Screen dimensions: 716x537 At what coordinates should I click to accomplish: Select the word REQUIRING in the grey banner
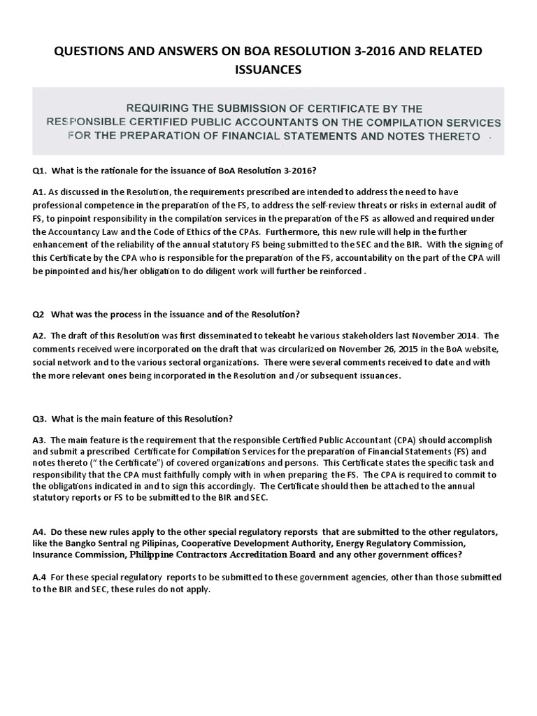tap(159, 109)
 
